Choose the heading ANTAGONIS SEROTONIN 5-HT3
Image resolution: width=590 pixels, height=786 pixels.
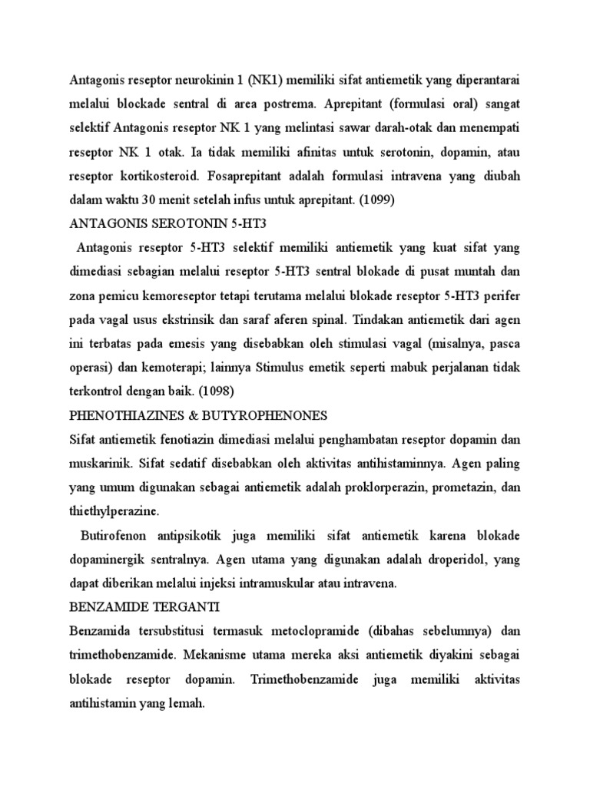pos(172,223)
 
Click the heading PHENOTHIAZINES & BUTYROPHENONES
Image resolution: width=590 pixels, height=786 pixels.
pos(198,415)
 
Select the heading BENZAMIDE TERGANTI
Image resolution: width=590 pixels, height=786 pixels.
pos(144,607)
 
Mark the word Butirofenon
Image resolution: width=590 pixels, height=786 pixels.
pos(111,536)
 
